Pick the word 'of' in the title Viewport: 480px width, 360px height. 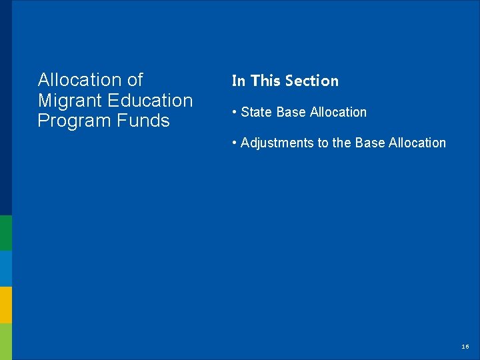pyautogui.click(x=135, y=80)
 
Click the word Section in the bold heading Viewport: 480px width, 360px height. pyautogui.click(x=312, y=81)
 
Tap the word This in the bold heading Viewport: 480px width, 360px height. pyautogui.click(x=266, y=81)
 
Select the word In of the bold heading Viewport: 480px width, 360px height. pyautogui.click(x=238, y=81)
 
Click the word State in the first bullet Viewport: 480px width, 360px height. pyautogui.click(x=256, y=112)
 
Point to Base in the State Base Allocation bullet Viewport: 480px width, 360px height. pyautogui.click(x=291, y=112)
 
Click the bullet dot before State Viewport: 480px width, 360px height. pyautogui.click(x=235, y=112)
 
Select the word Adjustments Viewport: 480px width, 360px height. pyautogui.click(x=279, y=143)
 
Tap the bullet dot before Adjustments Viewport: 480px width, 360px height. pyautogui.click(x=235, y=143)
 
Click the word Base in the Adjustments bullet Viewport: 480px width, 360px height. pyautogui.click(x=370, y=143)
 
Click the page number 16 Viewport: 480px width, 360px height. pyautogui.click(x=465, y=347)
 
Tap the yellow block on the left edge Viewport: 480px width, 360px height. pyautogui.click(x=6, y=305)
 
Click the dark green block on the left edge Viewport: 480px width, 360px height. pyautogui.click(x=6, y=233)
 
